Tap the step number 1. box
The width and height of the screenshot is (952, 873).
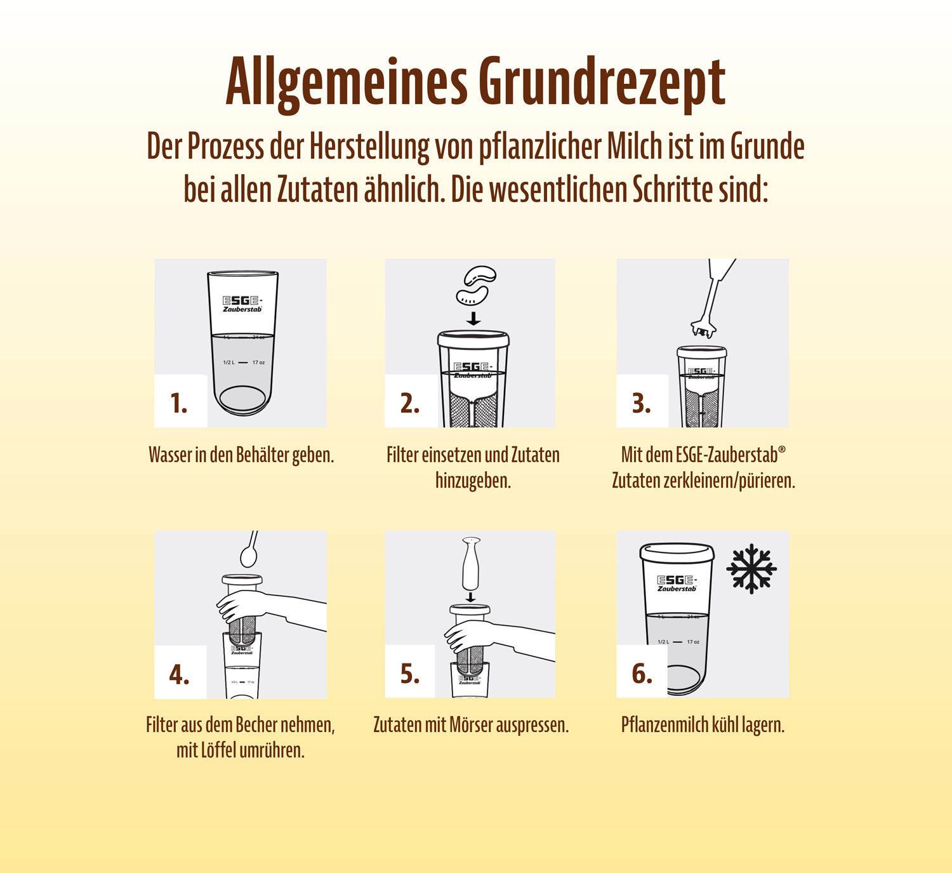[x=180, y=402]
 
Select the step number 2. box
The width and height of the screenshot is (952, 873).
[x=411, y=402]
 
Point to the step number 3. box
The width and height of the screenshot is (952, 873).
[x=642, y=402]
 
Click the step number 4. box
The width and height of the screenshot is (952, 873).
[x=180, y=674]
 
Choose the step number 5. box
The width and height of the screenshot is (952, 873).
[x=410, y=673]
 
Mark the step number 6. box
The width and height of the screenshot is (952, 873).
[x=642, y=673]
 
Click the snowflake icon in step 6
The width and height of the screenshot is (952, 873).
[x=751, y=568]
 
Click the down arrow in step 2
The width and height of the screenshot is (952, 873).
[x=473, y=317]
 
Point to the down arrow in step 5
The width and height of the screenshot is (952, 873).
[x=470, y=597]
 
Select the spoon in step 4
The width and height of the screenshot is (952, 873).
[x=249, y=552]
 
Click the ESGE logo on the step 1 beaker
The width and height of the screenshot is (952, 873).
[x=242, y=303]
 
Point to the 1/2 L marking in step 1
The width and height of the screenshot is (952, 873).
[x=229, y=363]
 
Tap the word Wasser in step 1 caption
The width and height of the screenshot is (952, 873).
[x=170, y=455]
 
